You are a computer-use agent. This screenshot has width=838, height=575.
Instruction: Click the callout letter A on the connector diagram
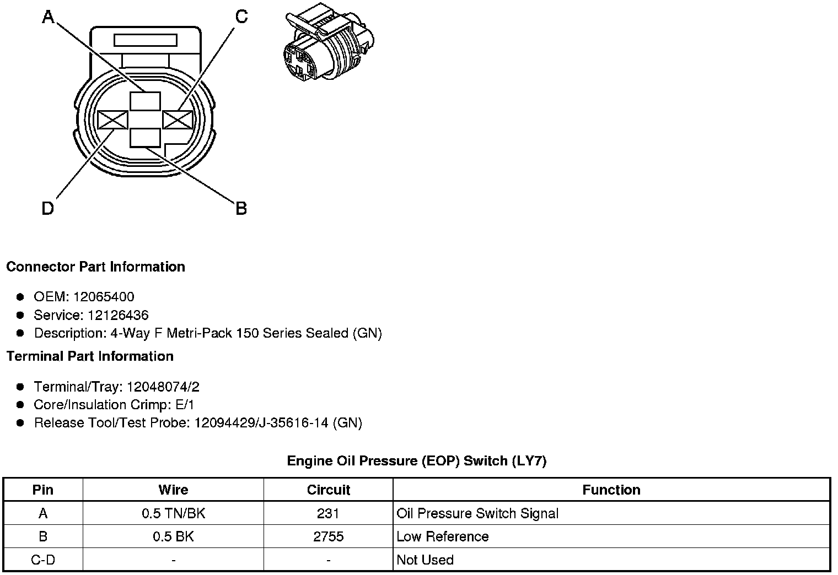coord(49,18)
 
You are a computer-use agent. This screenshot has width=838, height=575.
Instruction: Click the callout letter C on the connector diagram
coord(241,18)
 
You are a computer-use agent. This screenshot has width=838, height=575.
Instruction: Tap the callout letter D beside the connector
coord(48,209)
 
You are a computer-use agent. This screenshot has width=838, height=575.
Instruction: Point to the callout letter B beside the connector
coord(241,209)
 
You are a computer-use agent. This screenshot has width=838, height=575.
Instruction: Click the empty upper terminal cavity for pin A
coord(146,101)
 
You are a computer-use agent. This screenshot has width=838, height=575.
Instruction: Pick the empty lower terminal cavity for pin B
coord(146,138)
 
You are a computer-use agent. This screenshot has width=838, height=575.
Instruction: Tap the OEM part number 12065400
coord(103,297)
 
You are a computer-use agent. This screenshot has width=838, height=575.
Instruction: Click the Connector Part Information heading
coord(95,267)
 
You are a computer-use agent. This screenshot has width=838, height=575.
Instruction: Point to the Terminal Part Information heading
coord(90,356)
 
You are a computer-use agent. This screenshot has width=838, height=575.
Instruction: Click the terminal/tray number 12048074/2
coord(163,387)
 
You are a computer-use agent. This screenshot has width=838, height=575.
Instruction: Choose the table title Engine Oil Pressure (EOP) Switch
coord(416,460)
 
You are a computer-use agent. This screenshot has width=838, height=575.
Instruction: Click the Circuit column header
coord(329,490)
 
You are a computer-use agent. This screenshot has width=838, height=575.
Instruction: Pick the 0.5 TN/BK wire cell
coord(173,513)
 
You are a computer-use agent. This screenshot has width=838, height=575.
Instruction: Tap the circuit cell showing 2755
coord(329,536)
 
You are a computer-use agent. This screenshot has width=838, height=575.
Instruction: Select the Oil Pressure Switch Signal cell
coord(477,513)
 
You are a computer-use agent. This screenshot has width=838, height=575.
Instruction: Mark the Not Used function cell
coord(425,560)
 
